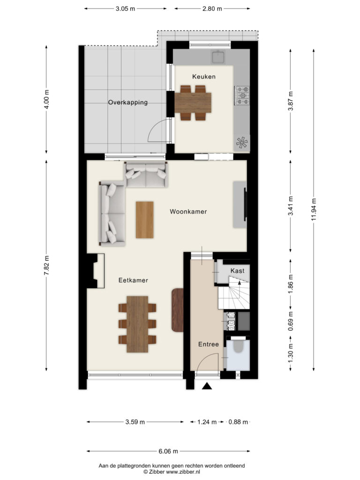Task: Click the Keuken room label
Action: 204,76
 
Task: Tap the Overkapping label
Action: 128,103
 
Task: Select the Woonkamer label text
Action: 188,211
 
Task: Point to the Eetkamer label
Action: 133,280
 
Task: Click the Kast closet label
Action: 237,270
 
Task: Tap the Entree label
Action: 209,344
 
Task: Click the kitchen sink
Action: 218,57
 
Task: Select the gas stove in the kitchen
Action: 242,96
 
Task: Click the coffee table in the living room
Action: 145,219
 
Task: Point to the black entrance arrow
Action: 207,386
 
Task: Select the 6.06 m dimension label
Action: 168,451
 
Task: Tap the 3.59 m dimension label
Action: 135,422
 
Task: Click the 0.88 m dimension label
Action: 238,422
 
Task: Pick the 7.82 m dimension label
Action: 46,265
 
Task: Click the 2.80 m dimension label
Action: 212,8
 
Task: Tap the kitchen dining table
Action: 193,102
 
